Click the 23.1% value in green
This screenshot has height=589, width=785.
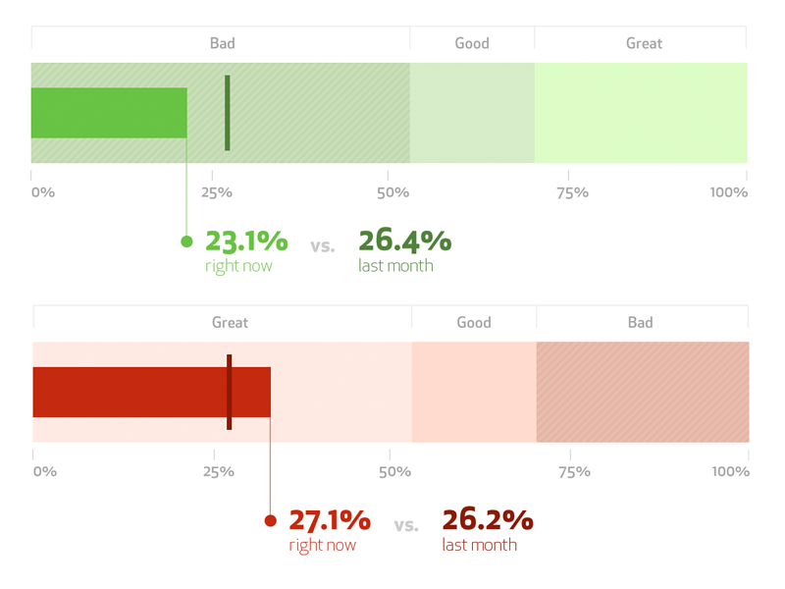(x=246, y=241)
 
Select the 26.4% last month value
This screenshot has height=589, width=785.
(x=404, y=241)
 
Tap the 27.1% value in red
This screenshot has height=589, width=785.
(x=330, y=520)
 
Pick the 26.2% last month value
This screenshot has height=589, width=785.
(x=487, y=520)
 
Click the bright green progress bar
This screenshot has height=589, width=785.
(x=109, y=113)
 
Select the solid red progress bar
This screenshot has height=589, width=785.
(x=151, y=393)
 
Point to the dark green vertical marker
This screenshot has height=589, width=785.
(x=228, y=113)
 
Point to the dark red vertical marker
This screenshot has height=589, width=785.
(x=230, y=393)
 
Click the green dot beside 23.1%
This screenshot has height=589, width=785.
(x=186, y=241)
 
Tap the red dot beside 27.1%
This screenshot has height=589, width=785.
(x=271, y=521)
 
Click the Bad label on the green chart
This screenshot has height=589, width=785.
(x=223, y=43)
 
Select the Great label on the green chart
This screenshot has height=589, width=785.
(x=644, y=43)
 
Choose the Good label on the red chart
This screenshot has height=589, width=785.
(x=474, y=323)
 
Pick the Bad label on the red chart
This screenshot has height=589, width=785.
(x=641, y=323)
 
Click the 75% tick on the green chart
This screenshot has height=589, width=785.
(x=572, y=192)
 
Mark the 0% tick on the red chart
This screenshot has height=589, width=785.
(x=44, y=472)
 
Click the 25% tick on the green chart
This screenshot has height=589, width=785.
(x=217, y=192)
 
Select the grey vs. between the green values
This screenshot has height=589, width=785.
(x=322, y=246)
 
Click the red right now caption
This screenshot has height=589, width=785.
(x=322, y=546)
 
